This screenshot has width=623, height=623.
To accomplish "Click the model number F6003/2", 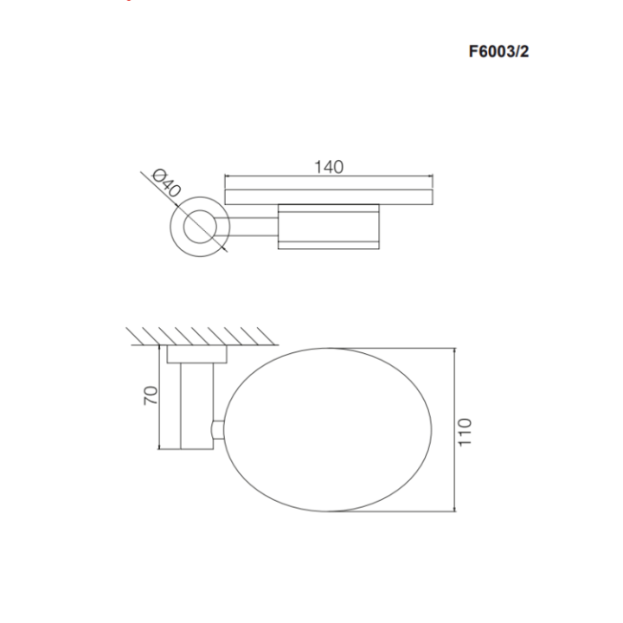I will coord(498,51).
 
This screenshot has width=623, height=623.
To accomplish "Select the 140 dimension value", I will coord(329,167).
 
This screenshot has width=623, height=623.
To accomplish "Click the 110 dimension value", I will coord(466,430).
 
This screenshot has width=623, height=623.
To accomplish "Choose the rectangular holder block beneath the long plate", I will coord(328,227).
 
